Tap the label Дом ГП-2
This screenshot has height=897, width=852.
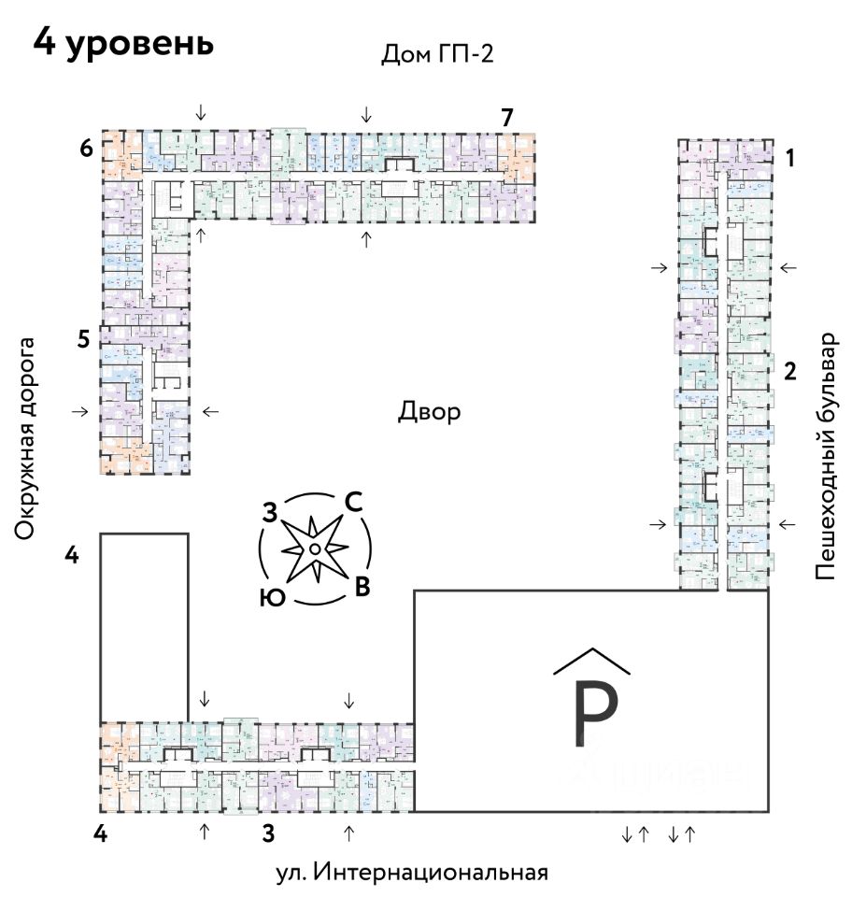pos(436,54)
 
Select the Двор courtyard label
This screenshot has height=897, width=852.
pos(430,411)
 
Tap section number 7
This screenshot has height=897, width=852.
pos(507,118)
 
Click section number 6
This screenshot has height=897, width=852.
pos(85,149)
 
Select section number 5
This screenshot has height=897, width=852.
pos(84,340)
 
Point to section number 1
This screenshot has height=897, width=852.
pos(789,158)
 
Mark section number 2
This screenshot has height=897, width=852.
pos(789,372)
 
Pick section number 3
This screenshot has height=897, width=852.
pos(268,832)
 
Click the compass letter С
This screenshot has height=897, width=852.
pos(353,502)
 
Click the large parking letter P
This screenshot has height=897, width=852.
pos(594,716)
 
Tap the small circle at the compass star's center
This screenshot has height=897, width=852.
pos(316,548)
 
